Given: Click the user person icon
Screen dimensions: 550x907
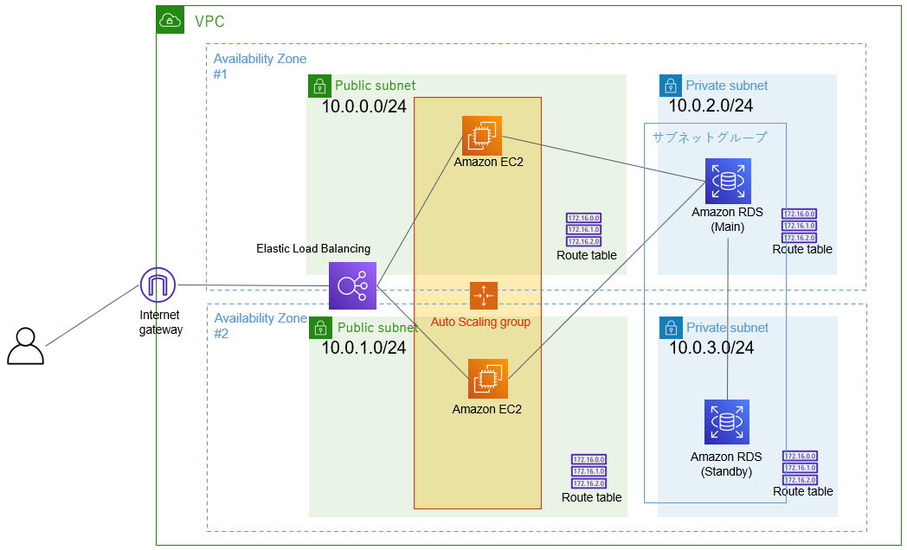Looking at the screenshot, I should [25, 346].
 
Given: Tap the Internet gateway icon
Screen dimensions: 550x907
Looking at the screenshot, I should [158, 285].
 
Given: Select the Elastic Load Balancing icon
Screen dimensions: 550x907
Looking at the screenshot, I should [352, 285].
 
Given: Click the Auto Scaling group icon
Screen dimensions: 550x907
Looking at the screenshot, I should [483, 295].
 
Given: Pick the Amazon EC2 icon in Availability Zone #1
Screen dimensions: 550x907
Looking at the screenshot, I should [481, 136].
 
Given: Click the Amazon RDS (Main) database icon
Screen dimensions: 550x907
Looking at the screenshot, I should [727, 182].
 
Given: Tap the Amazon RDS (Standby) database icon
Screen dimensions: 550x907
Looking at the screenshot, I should [727, 423].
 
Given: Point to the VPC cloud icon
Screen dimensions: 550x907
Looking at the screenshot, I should [170, 21].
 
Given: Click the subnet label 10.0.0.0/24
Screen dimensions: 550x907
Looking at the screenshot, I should [364, 107].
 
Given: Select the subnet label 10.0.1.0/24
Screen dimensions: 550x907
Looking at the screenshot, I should [364, 349].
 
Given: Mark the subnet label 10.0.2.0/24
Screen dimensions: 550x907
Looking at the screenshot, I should [711, 106].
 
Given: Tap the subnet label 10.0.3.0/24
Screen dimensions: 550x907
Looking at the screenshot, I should [711, 349].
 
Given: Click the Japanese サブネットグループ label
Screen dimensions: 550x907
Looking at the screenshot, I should [710, 137].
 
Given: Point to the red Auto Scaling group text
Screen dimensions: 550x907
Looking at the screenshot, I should [480, 323].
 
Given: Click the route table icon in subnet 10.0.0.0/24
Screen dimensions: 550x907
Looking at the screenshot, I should [583, 230].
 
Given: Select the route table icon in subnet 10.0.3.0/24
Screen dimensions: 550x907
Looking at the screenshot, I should [800, 468].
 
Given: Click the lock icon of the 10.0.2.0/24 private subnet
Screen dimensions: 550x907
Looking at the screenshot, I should [670, 86].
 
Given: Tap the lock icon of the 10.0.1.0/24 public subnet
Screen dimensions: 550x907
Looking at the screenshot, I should [320, 328].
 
